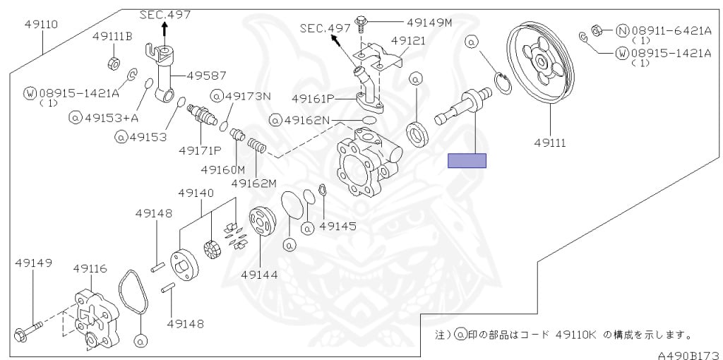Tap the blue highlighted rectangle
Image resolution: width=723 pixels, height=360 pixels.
pyautogui.click(x=467, y=161)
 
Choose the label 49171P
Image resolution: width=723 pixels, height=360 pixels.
pyautogui.click(x=200, y=150)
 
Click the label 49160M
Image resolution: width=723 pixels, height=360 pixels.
pyautogui.click(x=222, y=169)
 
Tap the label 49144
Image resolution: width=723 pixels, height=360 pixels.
pyautogui.click(x=259, y=275)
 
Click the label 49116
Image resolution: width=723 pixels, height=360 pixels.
pyautogui.click(x=90, y=268)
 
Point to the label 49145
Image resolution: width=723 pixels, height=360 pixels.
pyautogui.click(x=337, y=227)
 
